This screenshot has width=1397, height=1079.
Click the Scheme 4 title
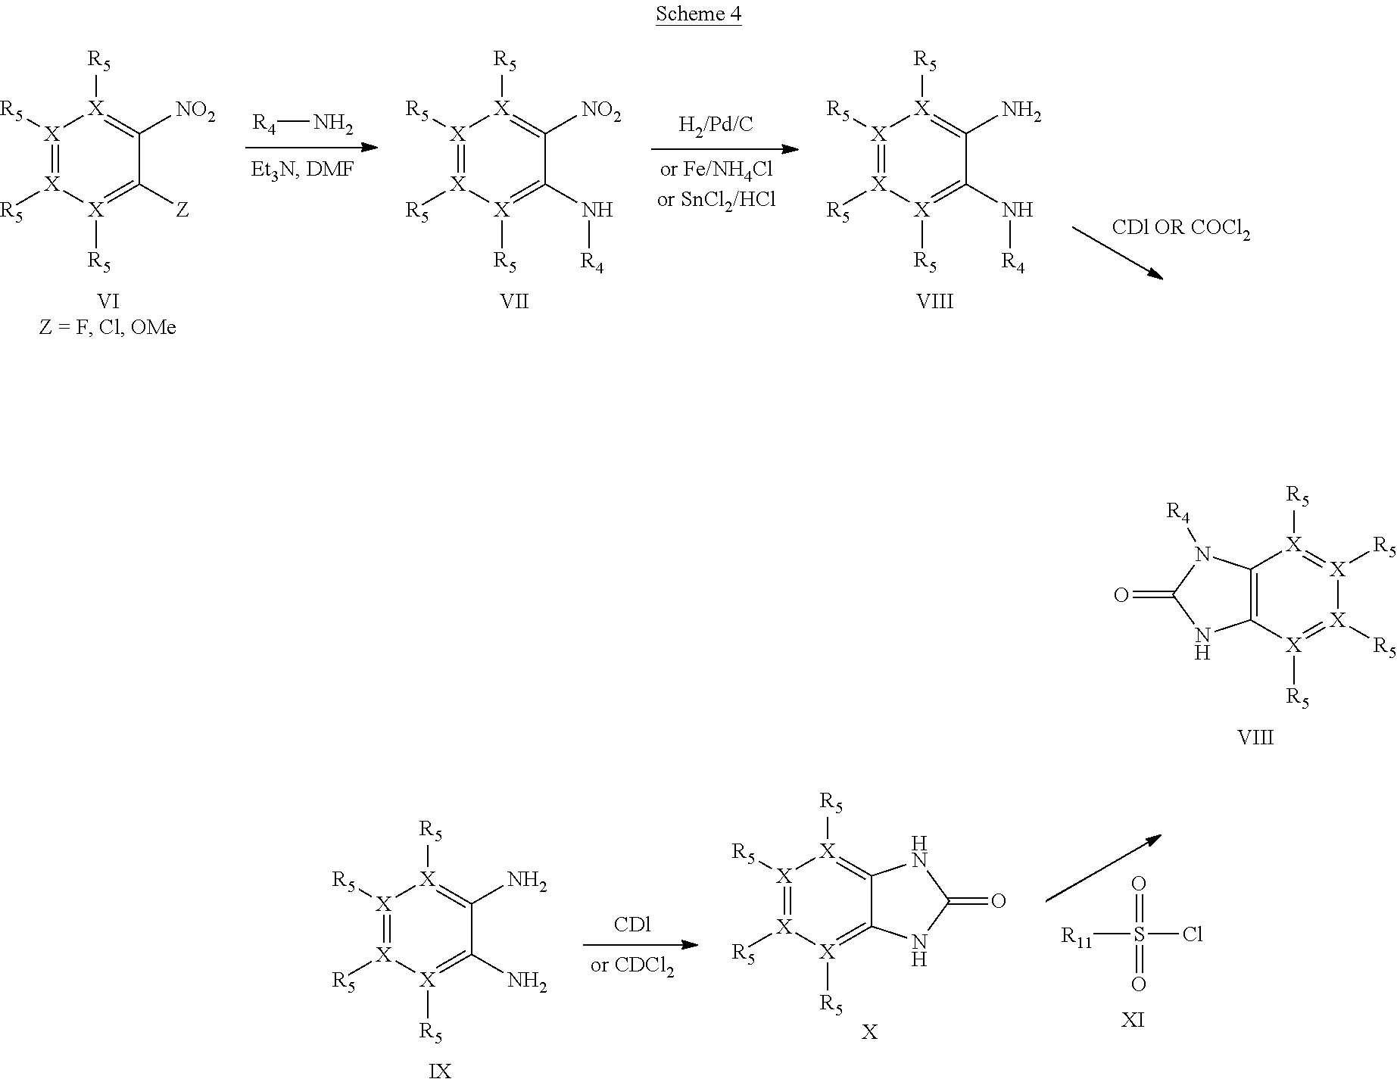coord(697,14)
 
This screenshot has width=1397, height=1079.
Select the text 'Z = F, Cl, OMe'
coord(108,328)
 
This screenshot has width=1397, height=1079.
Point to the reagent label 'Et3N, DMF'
coord(302,170)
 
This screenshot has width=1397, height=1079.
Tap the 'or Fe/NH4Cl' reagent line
coord(716,170)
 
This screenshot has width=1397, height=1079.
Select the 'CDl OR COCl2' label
coord(1180,229)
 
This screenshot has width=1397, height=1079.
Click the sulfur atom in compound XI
coord(1139,934)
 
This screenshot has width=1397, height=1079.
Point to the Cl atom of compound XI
coord(1193,934)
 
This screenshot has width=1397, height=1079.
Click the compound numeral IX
coord(440,1069)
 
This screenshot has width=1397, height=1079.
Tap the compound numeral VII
coord(514,302)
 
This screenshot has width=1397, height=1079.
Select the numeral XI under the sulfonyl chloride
coord(1133,1021)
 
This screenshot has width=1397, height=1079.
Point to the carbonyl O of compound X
coord(998,901)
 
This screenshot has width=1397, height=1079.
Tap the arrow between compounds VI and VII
coord(311,147)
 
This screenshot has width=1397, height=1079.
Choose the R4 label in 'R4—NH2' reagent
coord(263,124)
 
